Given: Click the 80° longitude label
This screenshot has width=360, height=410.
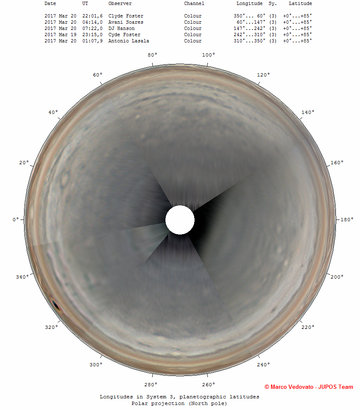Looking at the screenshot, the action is pyautogui.click(x=153, y=55).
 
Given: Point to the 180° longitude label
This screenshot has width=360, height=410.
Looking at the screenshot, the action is pyautogui.click(x=347, y=220).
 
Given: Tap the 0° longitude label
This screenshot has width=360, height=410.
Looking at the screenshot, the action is pyautogui.click(x=16, y=220).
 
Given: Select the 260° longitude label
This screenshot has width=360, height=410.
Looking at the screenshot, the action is pyautogui.click(x=208, y=385).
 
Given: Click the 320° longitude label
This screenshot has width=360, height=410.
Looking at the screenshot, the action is pyautogui.click(x=51, y=327).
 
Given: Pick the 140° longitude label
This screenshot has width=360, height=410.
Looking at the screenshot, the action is pyautogui.click(x=308, y=112).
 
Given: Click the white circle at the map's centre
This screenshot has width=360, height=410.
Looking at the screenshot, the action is pyautogui.click(x=180, y=220).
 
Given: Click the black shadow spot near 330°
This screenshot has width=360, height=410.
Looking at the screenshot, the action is pyautogui.click(x=55, y=304).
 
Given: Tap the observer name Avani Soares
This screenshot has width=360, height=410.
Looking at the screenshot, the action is pyautogui.click(x=126, y=22).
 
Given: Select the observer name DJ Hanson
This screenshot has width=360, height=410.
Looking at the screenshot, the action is pyautogui.click(x=121, y=29).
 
